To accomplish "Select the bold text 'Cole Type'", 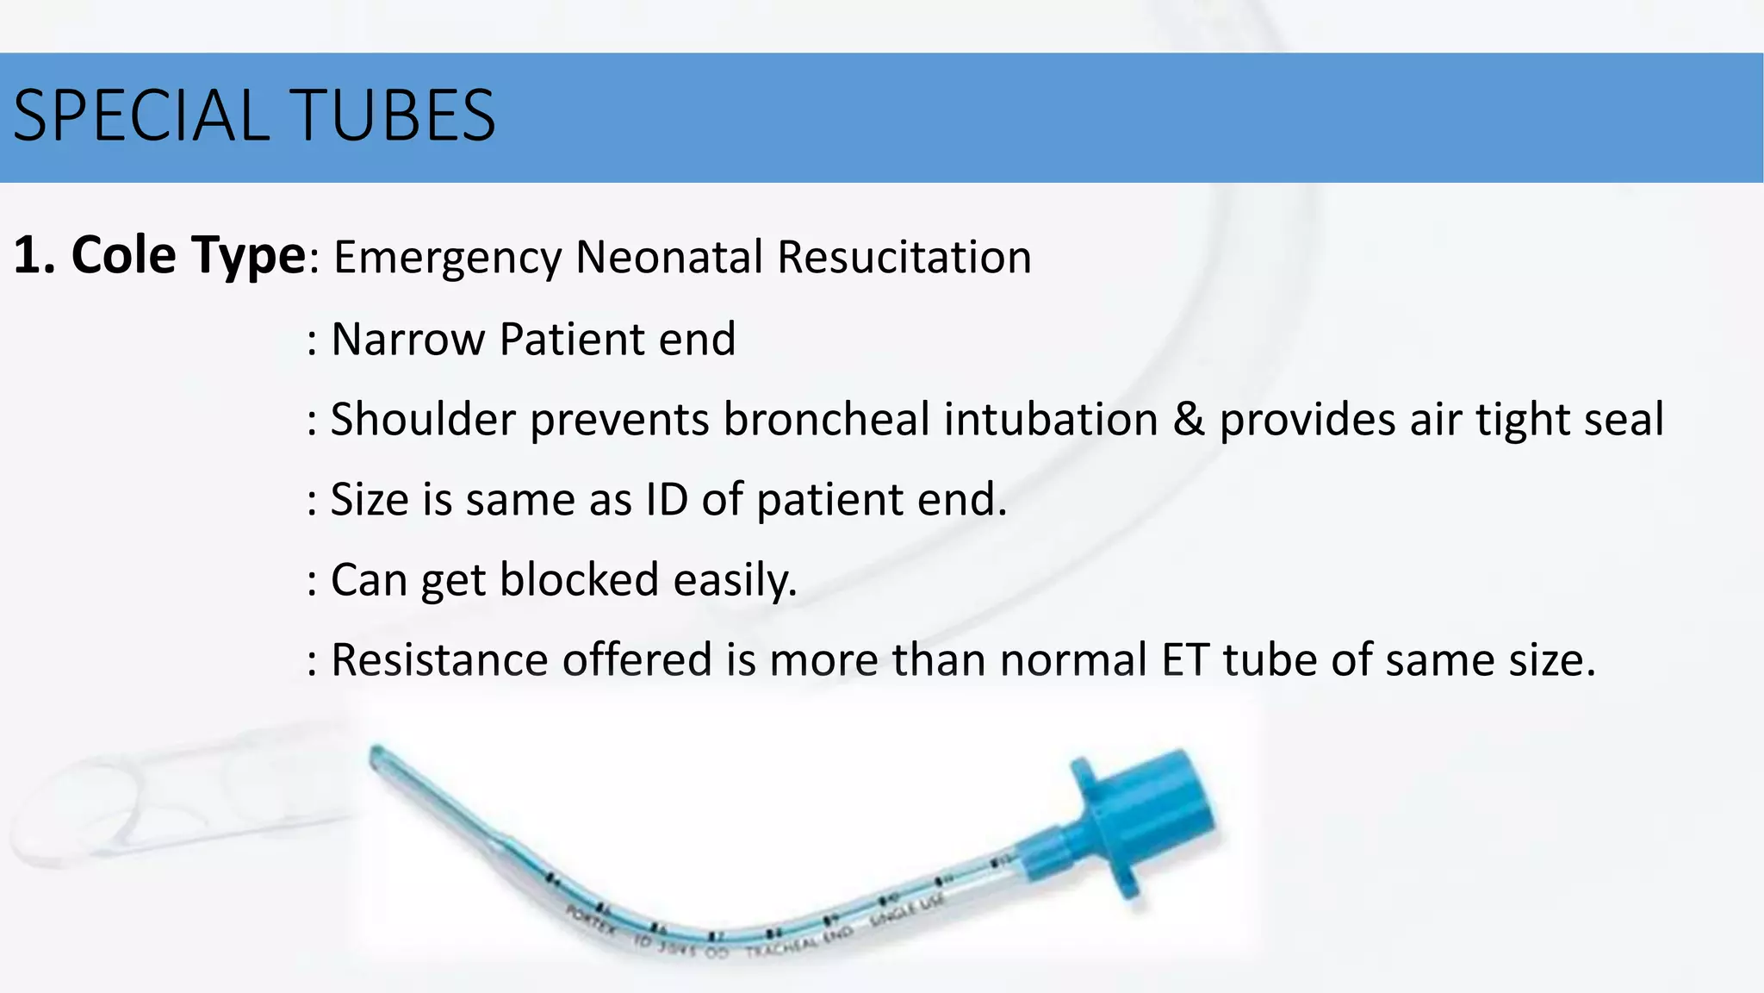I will (x=188, y=256).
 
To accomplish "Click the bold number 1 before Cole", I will (x=28, y=256).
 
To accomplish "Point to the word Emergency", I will (x=447, y=258).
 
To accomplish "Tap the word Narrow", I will (x=408, y=339).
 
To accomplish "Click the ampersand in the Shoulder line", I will (x=1189, y=420).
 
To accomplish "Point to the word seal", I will (x=1624, y=420).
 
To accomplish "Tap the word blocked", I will (x=580, y=579).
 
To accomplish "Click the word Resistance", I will (x=439, y=660).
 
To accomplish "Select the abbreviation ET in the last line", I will (x=1185, y=660).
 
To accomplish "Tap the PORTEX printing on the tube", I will (x=590, y=920).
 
